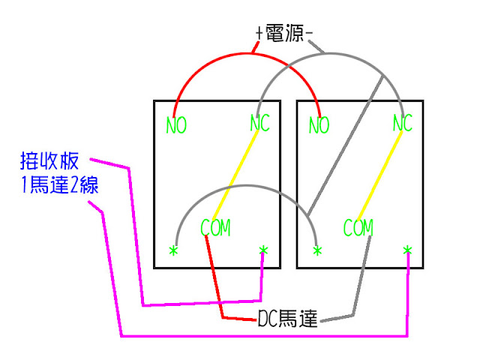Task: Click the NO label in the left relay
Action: tap(176, 125)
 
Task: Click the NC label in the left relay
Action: tap(259, 123)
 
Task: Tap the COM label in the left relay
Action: tap(215, 227)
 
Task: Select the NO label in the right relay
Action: tap(319, 125)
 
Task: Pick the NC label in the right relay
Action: tap(403, 123)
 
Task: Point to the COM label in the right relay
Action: tap(358, 227)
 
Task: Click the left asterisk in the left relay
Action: tap(174, 250)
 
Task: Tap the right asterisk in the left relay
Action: tap(263, 250)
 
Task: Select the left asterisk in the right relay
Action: tap(317, 250)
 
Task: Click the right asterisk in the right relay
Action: tap(407, 250)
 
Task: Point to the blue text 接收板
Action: tap(52, 160)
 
